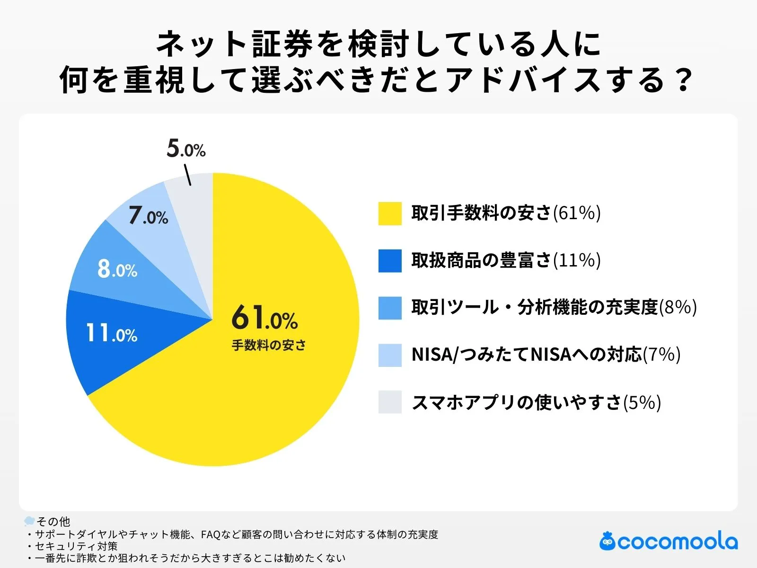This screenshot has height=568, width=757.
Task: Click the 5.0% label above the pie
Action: (186, 149)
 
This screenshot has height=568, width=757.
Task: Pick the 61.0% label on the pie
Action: (264, 318)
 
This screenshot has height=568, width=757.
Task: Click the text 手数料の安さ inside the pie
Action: (268, 345)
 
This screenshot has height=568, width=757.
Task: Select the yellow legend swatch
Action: (390, 213)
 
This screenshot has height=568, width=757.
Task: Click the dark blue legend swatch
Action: (390, 261)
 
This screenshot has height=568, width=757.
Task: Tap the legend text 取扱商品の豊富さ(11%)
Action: (505, 260)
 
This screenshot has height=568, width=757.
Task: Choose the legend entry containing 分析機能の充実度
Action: (554, 307)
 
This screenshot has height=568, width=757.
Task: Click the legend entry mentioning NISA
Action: (546, 355)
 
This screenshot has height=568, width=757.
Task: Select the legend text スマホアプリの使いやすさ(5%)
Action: (536, 402)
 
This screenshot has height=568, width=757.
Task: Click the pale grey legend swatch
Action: (390, 402)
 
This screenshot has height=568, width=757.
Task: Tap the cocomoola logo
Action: (668, 541)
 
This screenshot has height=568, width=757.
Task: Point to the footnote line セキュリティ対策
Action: (76, 546)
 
